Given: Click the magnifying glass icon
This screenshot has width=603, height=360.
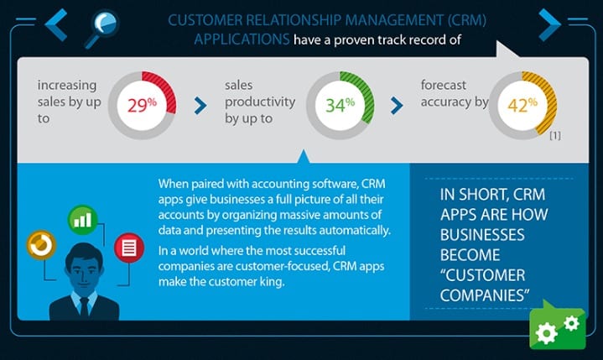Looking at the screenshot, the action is [x=102, y=29].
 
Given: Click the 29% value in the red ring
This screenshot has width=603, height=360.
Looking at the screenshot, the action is [x=142, y=105].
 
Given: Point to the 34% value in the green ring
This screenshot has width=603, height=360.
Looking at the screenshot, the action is [x=340, y=105].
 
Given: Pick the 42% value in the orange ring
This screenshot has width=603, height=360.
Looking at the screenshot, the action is [x=522, y=105].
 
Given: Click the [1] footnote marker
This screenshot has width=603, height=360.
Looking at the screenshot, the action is [x=555, y=135].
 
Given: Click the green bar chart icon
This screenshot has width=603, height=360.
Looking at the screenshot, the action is [x=82, y=220].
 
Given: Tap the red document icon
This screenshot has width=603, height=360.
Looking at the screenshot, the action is [x=129, y=248].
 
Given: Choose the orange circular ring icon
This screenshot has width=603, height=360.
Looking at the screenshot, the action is [x=41, y=245].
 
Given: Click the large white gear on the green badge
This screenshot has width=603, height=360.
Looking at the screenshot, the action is [x=546, y=332].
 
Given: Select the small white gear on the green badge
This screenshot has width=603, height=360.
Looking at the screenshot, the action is [x=571, y=323].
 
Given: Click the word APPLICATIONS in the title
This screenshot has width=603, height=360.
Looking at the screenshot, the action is [x=242, y=39].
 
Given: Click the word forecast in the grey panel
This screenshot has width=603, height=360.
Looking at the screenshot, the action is [x=443, y=85].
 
